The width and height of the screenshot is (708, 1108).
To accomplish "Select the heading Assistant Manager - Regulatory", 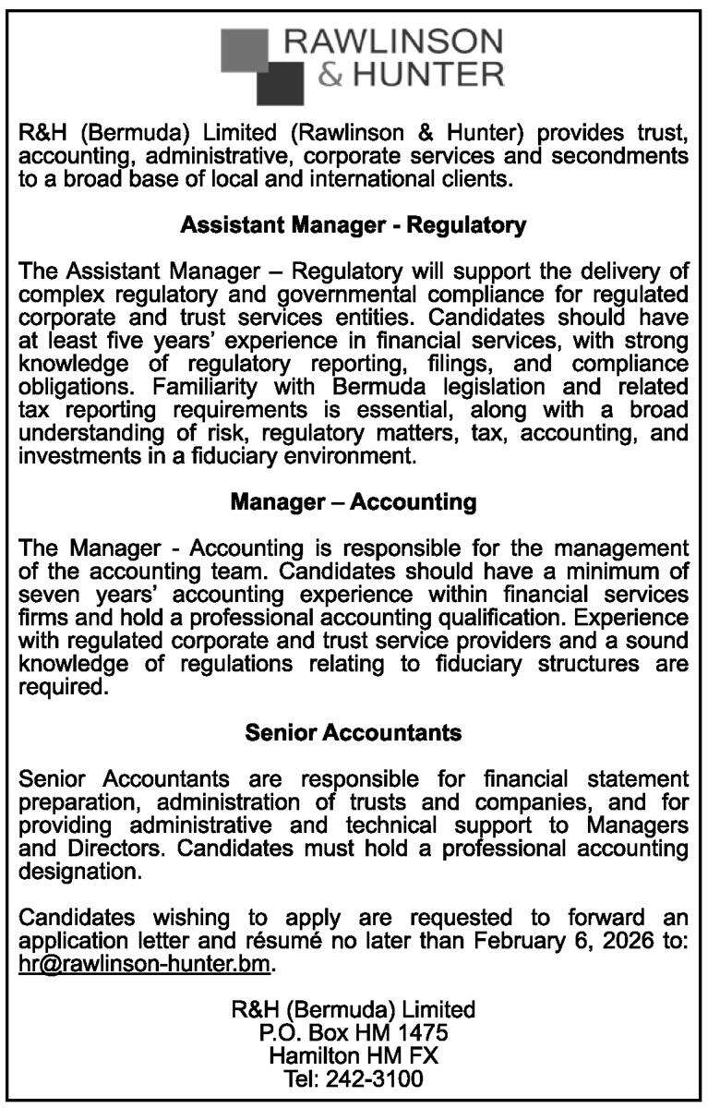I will click(x=354, y=224).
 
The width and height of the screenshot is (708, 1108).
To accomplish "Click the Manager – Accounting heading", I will click(x=354, y=503).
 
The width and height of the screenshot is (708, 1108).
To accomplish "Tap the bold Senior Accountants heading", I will click(x=354, y=733).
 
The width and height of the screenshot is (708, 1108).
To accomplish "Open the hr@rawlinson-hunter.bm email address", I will click(x=146, y=965).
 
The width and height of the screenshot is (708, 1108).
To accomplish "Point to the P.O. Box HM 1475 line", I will click(x=354, y=1030).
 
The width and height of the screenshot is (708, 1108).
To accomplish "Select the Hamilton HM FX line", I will click(x=354, y=1054).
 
